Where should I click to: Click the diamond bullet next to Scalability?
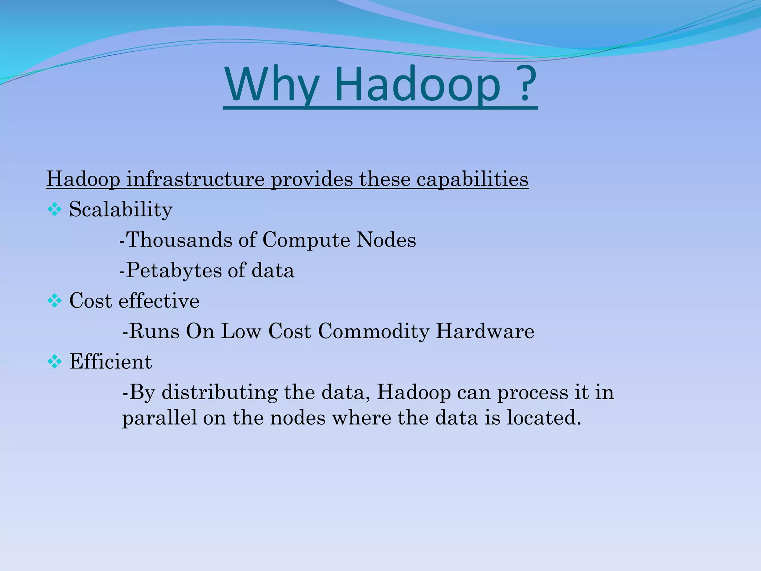pyautogui.click(x=55, y=210)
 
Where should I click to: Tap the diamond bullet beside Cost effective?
pyautogui.click(x=55, y=301)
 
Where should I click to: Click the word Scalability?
pyautogui.click(x=121, y=210)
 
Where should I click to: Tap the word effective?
pyautogui.click(x=159, y=301)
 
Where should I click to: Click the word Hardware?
pyautogui.click(x=485, y=331)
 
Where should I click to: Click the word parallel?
pyautogui.click(x=160, y=418)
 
